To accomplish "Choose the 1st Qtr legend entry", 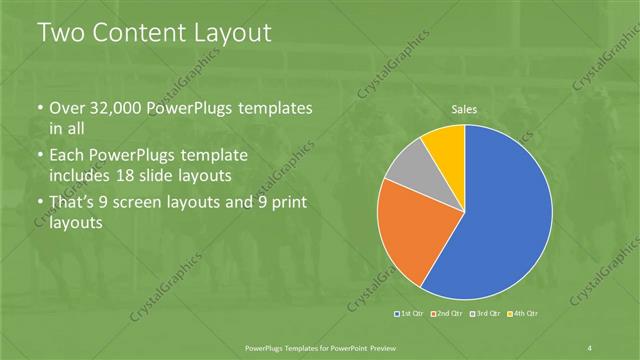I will (x=410, y=314).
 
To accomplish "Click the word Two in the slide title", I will (x=61, y=33).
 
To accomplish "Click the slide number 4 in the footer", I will (x=591, y=347).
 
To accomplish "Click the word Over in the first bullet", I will (x=68, y=108).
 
